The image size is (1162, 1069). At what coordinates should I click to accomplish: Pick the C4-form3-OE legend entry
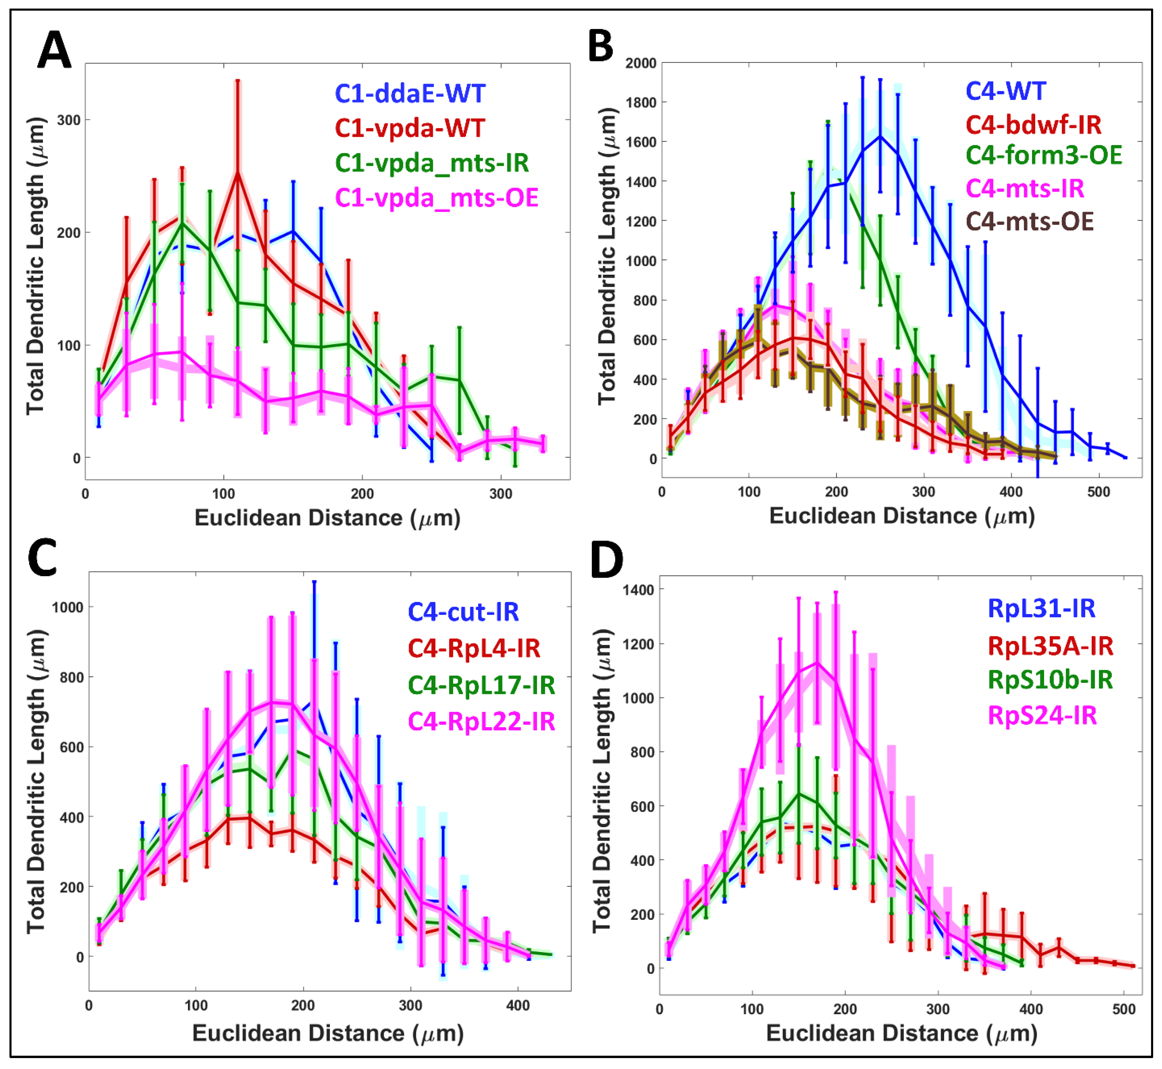1043,155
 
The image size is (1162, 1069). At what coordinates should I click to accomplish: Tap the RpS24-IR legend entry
1042,716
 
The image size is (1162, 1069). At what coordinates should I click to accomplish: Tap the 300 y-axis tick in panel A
68,120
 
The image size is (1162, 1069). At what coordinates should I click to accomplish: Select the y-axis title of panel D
602,781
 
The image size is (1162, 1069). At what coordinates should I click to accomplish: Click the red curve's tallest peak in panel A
237,172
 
